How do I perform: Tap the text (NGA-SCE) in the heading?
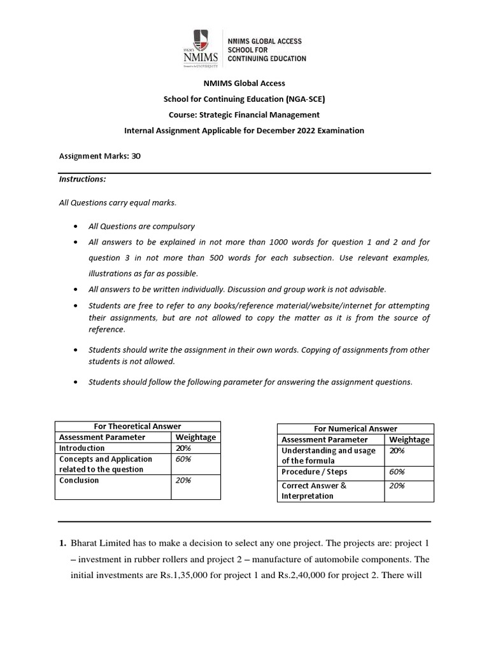(x=309, y=99)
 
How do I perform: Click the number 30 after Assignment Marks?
(x=136, y=155)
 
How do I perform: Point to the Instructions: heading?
(x=82, y=179)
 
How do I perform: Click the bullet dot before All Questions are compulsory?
(x=76, y=227)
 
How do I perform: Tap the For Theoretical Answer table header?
(x=138, y=427)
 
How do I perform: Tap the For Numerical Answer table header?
(x=355, y=429)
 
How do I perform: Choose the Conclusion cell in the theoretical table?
(x=79, y=480)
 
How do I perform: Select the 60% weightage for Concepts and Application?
(x=183, y=458)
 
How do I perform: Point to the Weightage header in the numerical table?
(x=409, y=439)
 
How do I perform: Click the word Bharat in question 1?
(x=85, y=543)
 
